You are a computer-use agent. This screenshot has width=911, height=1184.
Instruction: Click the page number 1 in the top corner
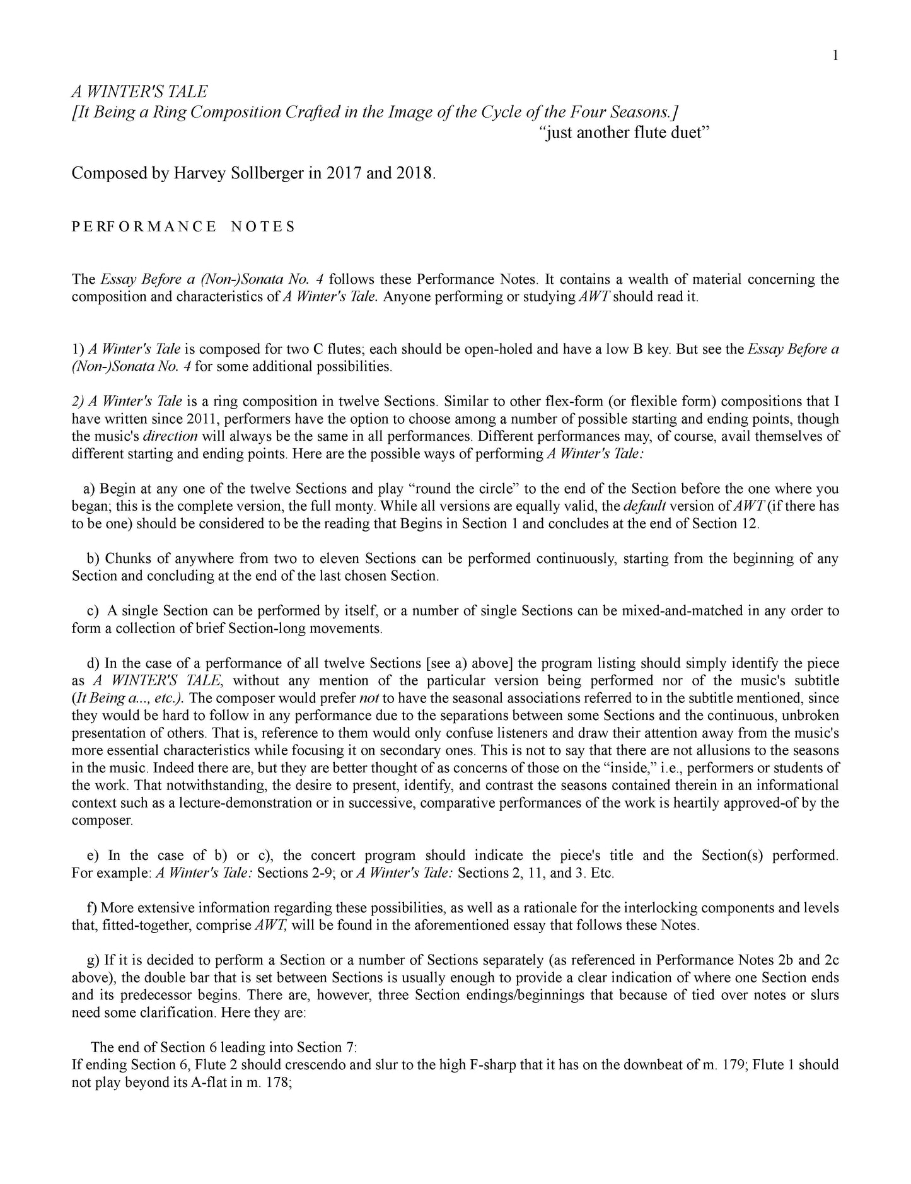point(835,56)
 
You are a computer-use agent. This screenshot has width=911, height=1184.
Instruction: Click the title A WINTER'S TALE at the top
point(139,92)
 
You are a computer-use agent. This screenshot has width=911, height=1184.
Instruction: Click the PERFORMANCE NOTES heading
point(183,228)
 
